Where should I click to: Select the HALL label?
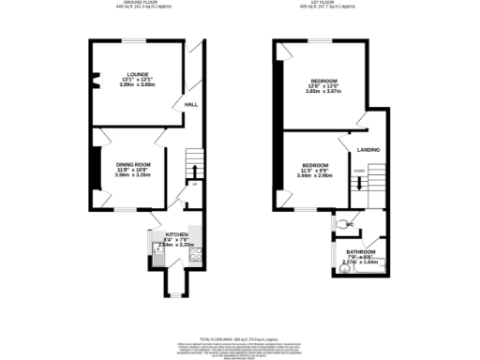tap(191, 105)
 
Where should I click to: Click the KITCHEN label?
tap(177, 233)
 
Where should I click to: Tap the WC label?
tap(350, 225)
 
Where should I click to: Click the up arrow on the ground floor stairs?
tap(193, 169)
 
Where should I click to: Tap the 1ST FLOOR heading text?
tap(324, 3)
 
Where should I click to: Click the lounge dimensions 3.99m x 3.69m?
tap(139, 85)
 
